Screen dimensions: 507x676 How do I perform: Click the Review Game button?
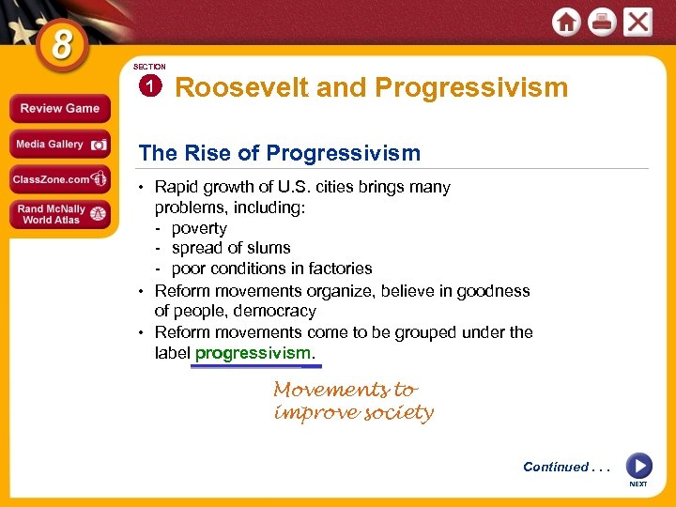[59, 109]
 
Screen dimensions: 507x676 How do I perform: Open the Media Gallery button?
[59, 145]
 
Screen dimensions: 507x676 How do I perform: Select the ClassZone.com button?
[59, 178]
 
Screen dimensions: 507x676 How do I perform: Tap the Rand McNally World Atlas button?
[59, 214]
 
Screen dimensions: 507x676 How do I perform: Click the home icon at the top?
[566, 23]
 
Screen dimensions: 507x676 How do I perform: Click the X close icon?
[638, 22]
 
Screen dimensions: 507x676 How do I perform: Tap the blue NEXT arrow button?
[638, 466]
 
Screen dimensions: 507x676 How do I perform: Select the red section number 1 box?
[149, 87]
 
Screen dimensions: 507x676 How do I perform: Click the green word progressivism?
[252, 353]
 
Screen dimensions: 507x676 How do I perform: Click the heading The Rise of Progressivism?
[279, 153]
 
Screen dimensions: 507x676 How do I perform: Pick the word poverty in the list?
[199, 228]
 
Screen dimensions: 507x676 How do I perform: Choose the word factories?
[337, 269]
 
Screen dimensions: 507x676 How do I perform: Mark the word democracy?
[277, 311]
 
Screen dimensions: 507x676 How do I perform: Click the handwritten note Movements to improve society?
[353, 401]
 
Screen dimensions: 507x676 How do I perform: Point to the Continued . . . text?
[565, 467]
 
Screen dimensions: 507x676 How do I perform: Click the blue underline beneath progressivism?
[255, 366]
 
